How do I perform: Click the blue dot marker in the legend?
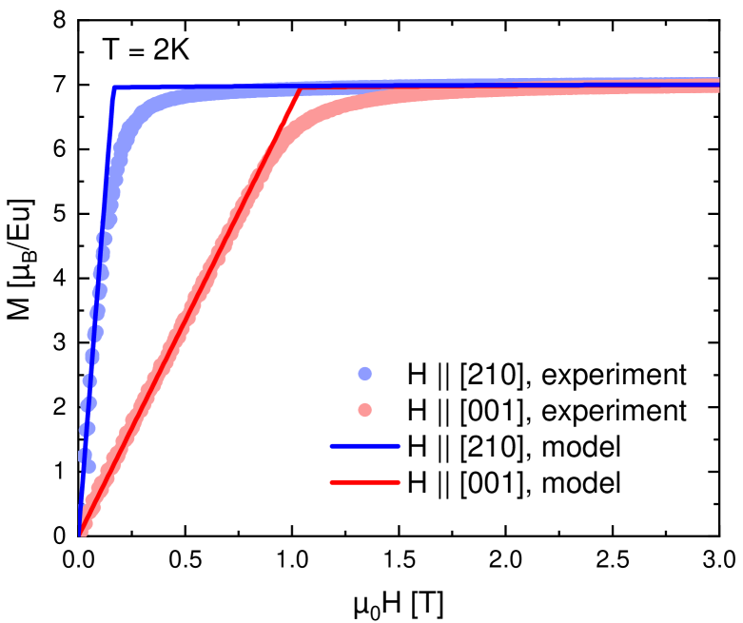pos(365,375)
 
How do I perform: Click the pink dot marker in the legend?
pos(365,411)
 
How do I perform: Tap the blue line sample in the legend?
pos(365,447)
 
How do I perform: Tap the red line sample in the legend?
pos(365,483)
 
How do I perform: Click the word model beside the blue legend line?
pos(586,447)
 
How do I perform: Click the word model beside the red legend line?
pos(586,483)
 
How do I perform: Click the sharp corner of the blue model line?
pos(114,88)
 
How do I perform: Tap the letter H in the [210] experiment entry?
pos(417,375)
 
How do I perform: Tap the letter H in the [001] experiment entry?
pos(417,411)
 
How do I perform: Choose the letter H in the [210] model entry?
pos(417,447)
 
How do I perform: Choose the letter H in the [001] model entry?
pos(417,483)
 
